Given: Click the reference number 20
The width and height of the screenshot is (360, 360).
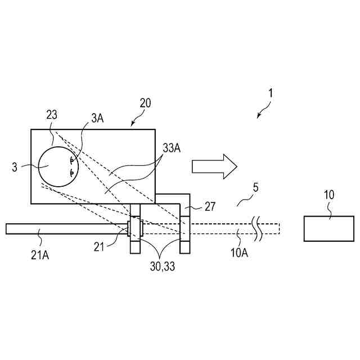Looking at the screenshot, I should pyautogui.click(x=145, y=103).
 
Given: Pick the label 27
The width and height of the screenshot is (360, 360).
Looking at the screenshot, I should pyautogui.click(x=210, y=207).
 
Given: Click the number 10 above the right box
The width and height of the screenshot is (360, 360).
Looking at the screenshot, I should pyautogui.click(x=329, y=195).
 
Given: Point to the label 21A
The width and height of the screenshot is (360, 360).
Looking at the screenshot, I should pyautogui.click(x=39, y=255).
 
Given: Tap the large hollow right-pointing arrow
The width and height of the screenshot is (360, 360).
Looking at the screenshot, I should pyautogui.click(x=214, y=167).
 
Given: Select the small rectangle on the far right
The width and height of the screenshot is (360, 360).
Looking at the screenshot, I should pyautogui.click(x=329, y=228).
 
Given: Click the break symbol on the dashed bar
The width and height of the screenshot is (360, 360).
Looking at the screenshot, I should pyautogui.click(x=258, y=229).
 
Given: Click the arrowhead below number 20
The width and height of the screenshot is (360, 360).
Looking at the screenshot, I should pyautogui.click(x=133, y=123).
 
